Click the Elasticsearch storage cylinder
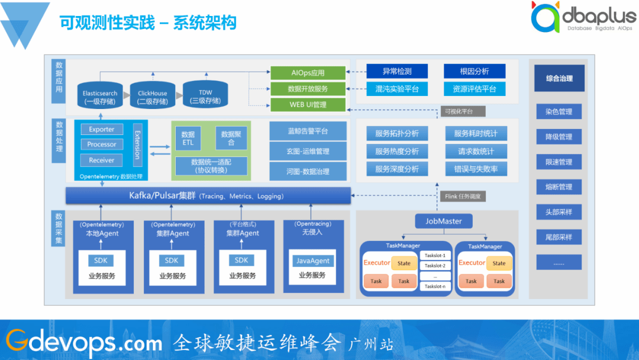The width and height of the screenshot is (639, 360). coord(99,97)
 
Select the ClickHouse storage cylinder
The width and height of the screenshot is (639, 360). coord(152,97)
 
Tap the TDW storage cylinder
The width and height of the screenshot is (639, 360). coord(205,95)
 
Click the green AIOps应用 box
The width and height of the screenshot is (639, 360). coord(308,73)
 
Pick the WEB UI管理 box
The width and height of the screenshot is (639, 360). coord(308,105)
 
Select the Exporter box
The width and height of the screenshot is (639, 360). coord(102,129)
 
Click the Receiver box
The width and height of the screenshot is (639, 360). coord(102,160)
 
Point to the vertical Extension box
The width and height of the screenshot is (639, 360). coord(137,144)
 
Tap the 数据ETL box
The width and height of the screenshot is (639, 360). coord(188,139)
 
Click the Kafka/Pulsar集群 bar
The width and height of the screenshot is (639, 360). coord(208,196)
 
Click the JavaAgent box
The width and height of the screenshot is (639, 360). coord(312,261)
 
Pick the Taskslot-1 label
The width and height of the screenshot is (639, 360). coord(435,255)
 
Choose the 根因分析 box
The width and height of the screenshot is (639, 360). coord(475,71)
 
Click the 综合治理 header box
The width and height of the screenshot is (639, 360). coord(559,78)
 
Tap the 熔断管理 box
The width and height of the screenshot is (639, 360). coord(559,187)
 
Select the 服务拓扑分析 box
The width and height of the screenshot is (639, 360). coord(396,134)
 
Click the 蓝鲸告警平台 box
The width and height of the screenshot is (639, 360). coord(308,131)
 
